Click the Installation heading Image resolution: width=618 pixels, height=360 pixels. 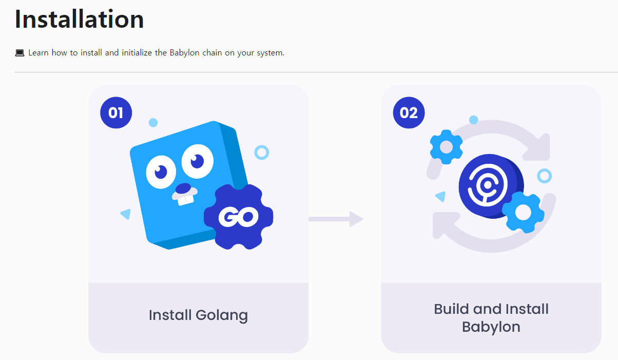[79, 20]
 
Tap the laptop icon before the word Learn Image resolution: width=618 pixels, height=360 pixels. [20, 53]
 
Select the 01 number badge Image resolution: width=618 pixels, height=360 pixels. [116, 112]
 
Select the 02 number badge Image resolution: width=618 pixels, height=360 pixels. [409, 112]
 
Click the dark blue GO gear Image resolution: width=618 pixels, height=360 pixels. [239, 217]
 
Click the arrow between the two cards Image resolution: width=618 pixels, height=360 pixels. [336, 219]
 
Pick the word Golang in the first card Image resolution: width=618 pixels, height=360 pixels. [224, 315]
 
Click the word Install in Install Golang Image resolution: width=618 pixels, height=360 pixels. [170, 315]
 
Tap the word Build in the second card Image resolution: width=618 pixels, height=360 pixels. [452, 309]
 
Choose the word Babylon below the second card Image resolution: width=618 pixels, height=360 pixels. [491, 327]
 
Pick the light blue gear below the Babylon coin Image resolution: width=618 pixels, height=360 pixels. [523, 212]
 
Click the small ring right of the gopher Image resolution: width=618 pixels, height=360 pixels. [262, 152]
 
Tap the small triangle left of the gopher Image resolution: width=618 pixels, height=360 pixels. [125, 214]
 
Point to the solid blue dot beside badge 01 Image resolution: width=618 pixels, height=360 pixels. [153, 123]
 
